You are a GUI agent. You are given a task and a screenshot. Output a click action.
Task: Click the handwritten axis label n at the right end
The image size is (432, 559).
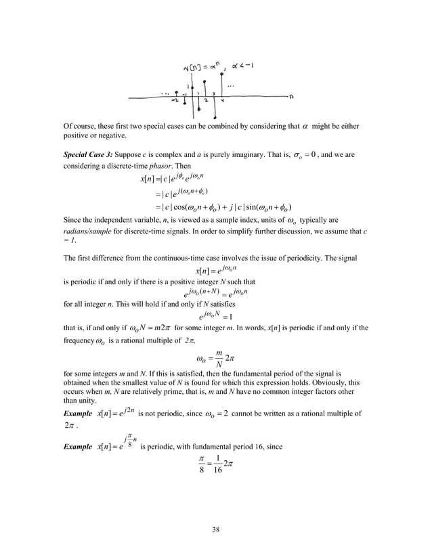pos(291,96)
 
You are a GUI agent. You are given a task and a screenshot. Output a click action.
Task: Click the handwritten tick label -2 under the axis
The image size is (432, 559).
pos(175,100)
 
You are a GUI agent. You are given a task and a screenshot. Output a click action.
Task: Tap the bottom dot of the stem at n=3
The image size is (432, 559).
pos(215,117)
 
